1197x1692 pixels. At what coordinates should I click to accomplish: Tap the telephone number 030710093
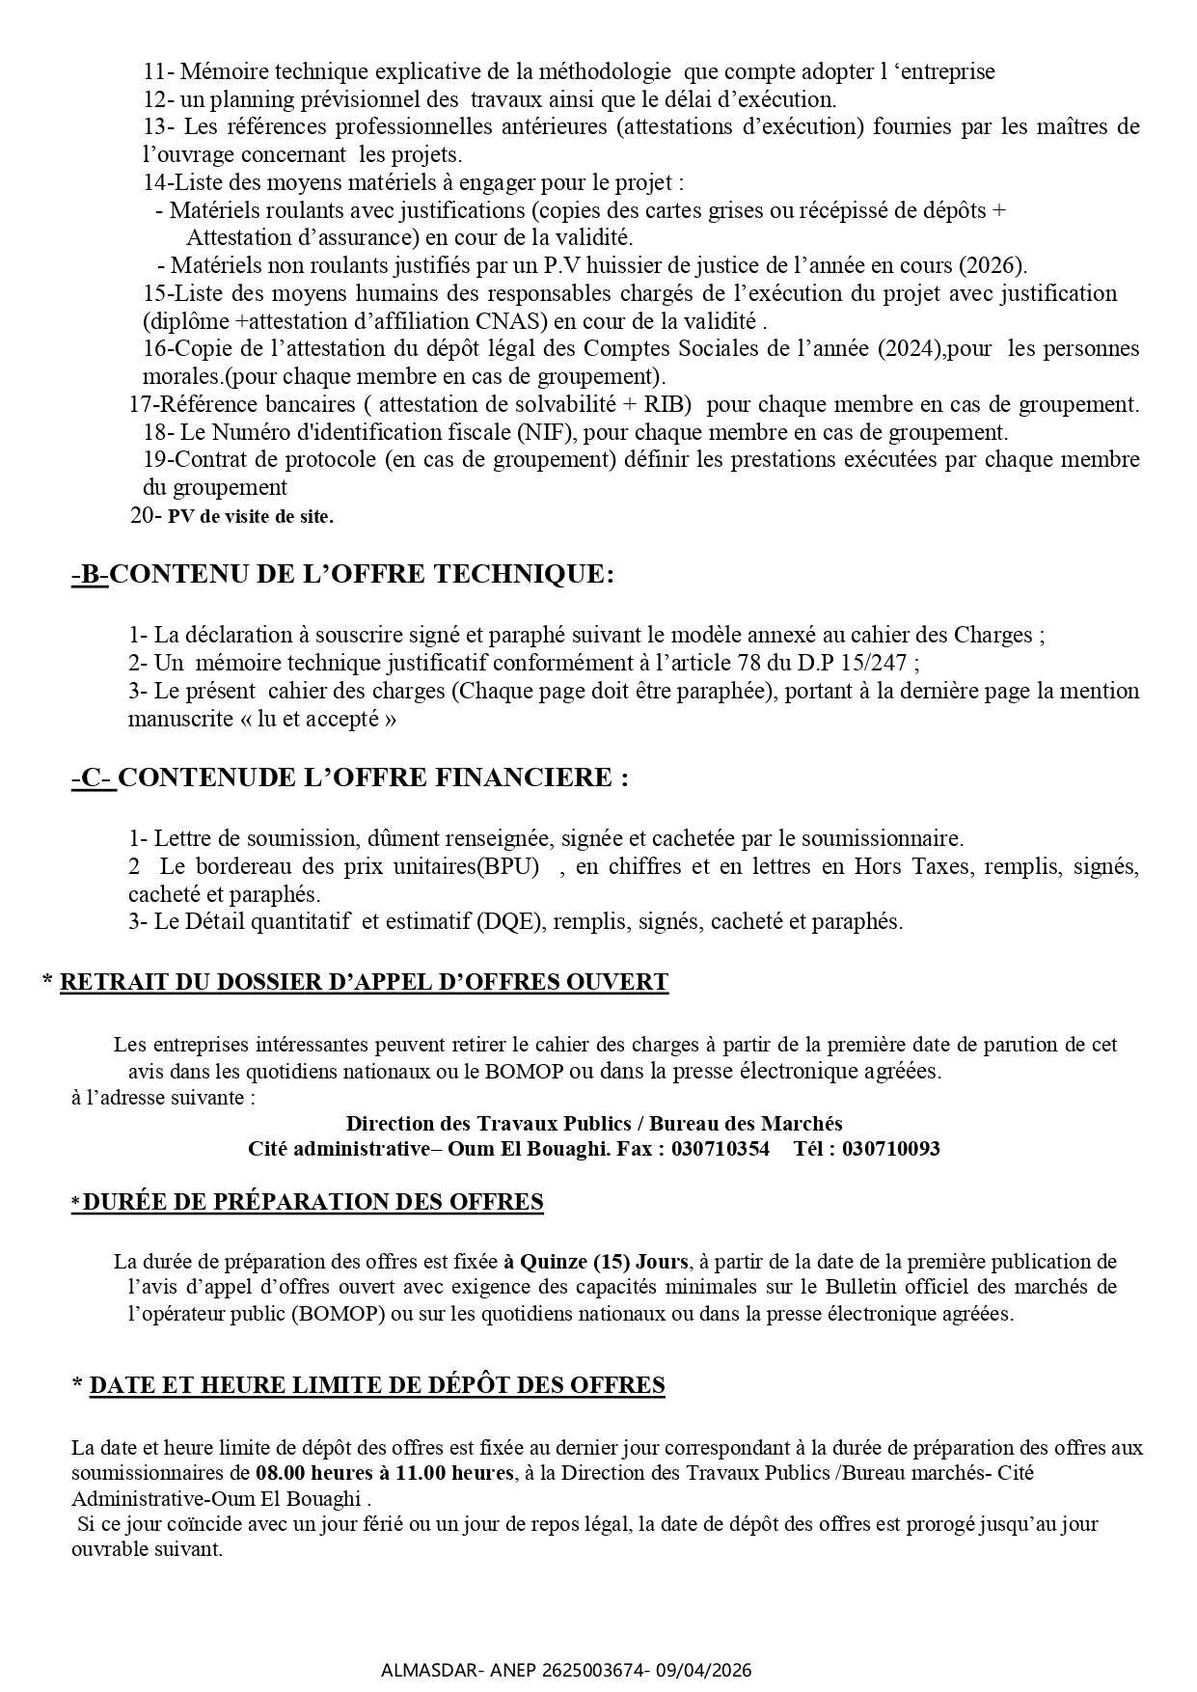click(x=890, y=1149)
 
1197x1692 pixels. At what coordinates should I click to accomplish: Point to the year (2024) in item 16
click(x=909, y=348)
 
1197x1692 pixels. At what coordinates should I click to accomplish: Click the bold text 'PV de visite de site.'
click(x=251, y=516)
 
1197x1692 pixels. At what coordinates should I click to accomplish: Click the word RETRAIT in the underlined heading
click(x=109, y=982)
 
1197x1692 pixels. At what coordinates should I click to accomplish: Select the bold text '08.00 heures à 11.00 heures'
click(x=384, y=1473)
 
